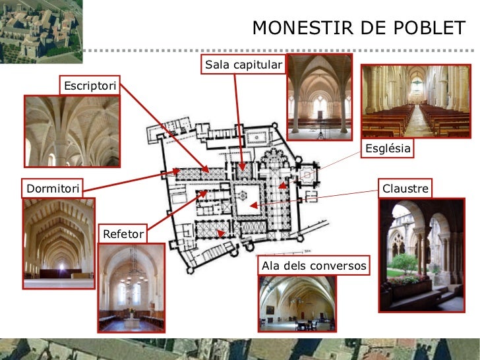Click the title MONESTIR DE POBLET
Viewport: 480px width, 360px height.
(359, 28)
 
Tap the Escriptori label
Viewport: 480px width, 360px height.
(90, 86)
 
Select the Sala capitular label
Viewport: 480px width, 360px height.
(243, 65)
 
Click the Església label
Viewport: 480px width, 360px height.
(388, 149)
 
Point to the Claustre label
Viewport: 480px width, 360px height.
(405, 189)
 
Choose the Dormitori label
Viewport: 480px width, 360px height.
(53, 189)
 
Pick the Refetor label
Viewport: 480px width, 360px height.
(123, 234)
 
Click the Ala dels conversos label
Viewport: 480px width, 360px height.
(314, 266)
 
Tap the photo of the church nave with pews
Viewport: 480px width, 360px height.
(415, 101)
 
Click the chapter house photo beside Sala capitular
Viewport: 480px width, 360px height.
(319, 97)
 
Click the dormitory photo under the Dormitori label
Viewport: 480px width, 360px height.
(58, 244)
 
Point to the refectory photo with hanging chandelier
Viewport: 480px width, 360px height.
(131, 287)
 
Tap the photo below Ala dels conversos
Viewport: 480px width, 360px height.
(297, 303)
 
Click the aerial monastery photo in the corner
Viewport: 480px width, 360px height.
(31, 30)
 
